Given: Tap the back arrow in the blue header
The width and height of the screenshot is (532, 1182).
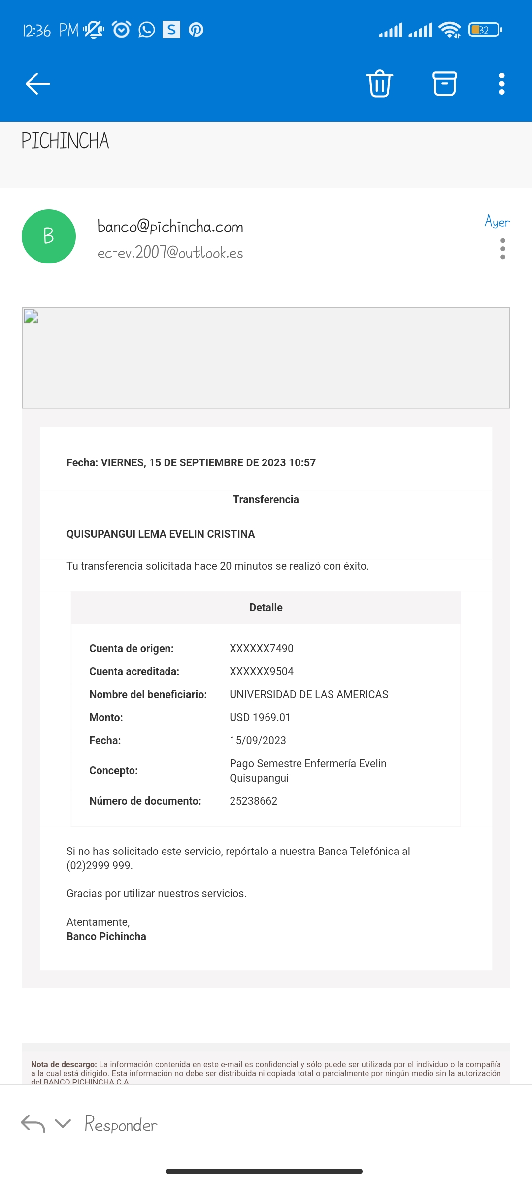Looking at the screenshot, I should pos(38,83).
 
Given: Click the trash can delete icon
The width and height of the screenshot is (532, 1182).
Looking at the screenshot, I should pos(379,83).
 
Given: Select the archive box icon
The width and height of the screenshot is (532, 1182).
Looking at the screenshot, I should pos(444,83).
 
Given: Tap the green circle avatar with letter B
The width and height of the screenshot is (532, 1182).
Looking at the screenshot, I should pos(49,236).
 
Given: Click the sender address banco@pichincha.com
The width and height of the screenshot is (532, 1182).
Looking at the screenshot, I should pos(170,227).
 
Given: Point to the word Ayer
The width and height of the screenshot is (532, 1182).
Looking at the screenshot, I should pos(497,222).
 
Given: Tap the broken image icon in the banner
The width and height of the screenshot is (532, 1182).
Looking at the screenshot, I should pos(31,316).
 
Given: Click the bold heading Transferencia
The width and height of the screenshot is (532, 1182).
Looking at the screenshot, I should pos(266,499).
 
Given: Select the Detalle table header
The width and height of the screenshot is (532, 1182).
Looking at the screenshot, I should pos(266,607).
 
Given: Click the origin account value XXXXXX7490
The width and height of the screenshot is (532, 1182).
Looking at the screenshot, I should pos(261,648).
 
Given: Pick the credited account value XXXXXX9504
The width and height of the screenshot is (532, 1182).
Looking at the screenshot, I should pos(261,671).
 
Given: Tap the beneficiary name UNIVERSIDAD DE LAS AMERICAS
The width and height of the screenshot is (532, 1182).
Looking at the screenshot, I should pos(308,694).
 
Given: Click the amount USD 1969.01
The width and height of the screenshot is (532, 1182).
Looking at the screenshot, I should pos(260,717).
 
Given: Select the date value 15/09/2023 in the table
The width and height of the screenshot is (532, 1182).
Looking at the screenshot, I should pos(258,740).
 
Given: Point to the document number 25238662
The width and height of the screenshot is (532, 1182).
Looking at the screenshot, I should pos(253,801).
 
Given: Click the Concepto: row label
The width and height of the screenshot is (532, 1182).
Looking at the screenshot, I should pos(113,770).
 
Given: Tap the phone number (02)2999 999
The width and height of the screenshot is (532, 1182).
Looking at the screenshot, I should pos(99,865).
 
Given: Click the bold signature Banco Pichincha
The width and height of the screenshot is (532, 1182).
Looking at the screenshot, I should pos(106,936).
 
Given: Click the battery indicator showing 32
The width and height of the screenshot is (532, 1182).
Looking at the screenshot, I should pos(485,30).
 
